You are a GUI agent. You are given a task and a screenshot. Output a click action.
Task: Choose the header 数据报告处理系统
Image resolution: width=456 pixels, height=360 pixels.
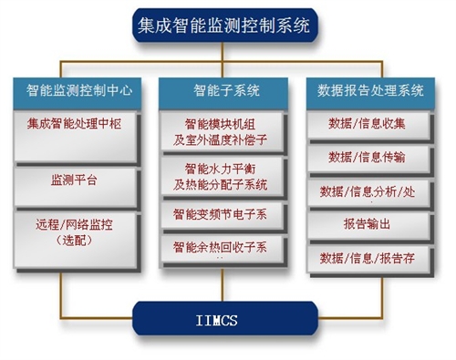[x=371, y=91]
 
